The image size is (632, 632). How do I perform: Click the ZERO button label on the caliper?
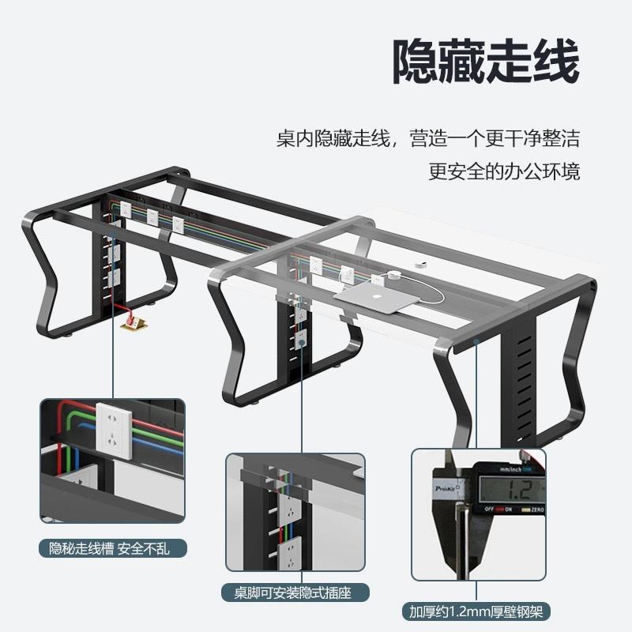pyautogui.click(x=535, y=510)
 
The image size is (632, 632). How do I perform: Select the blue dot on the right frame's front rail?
pyautogui.click(x=478, y=341)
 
